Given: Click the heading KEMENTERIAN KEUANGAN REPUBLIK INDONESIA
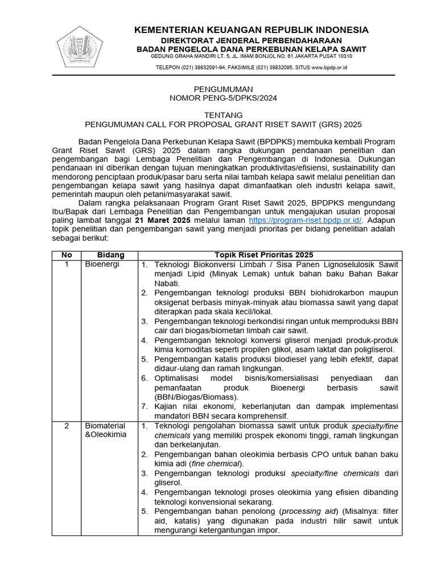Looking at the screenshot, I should click(251, 30).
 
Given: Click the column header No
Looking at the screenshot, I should click(67, 255).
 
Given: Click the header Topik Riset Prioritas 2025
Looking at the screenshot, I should click(263, 255).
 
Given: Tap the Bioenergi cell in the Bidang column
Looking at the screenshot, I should click(102, 265).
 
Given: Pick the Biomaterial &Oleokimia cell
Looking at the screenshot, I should click(106, 430).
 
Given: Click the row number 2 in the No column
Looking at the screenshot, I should click(67, 426).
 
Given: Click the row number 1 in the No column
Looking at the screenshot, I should click(67, 265).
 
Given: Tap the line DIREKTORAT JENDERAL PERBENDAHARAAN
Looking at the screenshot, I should click(251, 40).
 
